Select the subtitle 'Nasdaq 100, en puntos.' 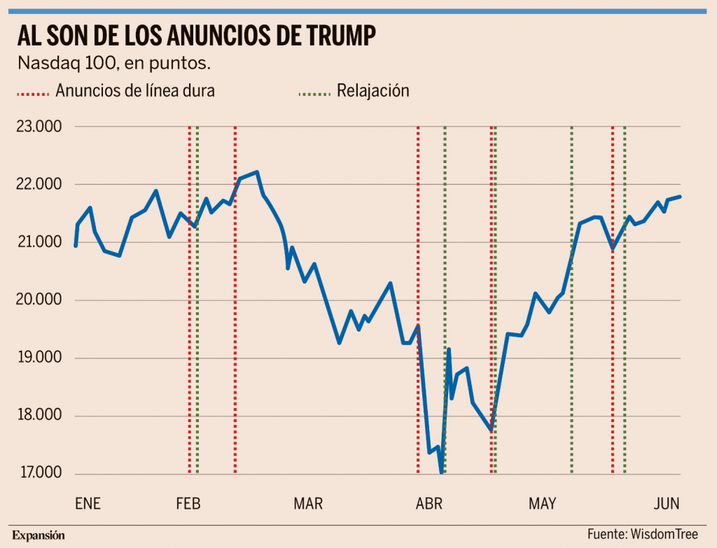pos(114,64)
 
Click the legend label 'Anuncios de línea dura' pos(135,90)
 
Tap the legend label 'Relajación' pos(373,90)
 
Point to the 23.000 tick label pos(39,127)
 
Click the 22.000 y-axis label pos(39,185)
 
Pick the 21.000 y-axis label pos(39,243)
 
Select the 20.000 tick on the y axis pos(39,301)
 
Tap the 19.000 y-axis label pos(39,358)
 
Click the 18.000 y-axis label pos(39,416)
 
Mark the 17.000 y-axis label pos(39,474)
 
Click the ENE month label pos(88,504)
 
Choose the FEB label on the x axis pos(188,504)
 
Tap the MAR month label pos(308,504)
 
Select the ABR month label pos(429,504)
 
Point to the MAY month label pos(542,504)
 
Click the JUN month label pos(667,504)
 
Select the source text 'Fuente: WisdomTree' pos(642,534)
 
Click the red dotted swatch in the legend pos(32,92)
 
